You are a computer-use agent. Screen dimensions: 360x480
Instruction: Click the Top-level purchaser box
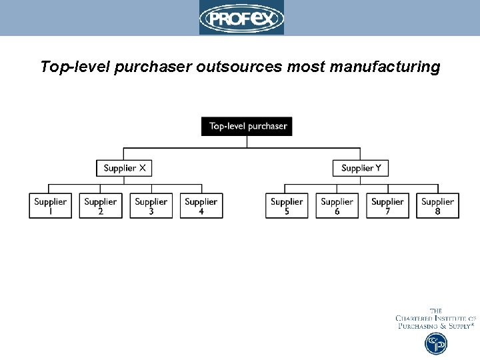pos(247,126)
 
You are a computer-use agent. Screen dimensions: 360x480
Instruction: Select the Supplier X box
pos(124,168)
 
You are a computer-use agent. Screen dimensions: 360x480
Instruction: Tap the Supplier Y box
pos(361,168)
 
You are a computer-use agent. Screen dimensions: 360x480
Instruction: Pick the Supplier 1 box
pos(50,206)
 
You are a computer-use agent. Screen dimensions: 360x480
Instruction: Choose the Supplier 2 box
pos(101,206)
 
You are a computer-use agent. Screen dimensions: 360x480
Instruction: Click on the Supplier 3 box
pos(151,206)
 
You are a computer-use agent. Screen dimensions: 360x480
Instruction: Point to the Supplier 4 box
pos(201,206)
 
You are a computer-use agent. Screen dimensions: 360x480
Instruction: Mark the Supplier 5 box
pos(287,206)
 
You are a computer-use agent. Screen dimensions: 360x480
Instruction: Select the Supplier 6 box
pos(337,206)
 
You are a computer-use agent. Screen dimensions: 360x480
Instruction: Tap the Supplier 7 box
pos(387,206)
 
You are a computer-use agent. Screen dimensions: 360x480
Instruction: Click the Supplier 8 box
pos(438,206)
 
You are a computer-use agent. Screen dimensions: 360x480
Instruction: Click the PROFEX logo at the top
pos(241,18)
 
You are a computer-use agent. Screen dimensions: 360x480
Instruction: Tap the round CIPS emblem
pos(436,343)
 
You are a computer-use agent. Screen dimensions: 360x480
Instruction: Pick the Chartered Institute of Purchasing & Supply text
pos(436,319)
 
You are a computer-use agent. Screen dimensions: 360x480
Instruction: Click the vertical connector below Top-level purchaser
pos(247,142)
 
